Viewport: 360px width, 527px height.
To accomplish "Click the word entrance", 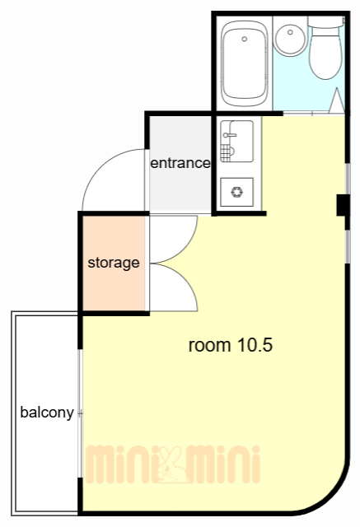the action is (180, 163).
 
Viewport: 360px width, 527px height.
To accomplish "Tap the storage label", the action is (114, 263).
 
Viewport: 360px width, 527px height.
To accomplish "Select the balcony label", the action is (47, 413).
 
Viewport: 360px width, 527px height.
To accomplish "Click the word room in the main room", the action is (210, 346).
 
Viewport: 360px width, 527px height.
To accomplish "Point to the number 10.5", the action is (255, 345).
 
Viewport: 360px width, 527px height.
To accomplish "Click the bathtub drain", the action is (245, 39).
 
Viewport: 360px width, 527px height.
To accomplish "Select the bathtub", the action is (245, 64).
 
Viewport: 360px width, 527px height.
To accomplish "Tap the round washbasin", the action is (290, 38).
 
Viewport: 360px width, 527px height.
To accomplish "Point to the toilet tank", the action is (326, 22).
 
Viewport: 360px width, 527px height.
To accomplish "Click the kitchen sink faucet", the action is (229, 135).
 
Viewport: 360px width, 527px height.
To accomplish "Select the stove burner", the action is (236, 192).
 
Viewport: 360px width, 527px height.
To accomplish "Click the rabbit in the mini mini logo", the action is (172, 464).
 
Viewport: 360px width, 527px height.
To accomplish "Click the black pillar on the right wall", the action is (343, 205).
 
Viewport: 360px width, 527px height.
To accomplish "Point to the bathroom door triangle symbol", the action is (337, 100).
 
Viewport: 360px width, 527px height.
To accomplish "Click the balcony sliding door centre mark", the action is (80, 413).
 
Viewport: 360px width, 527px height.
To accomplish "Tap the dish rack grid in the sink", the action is (226, 153).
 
